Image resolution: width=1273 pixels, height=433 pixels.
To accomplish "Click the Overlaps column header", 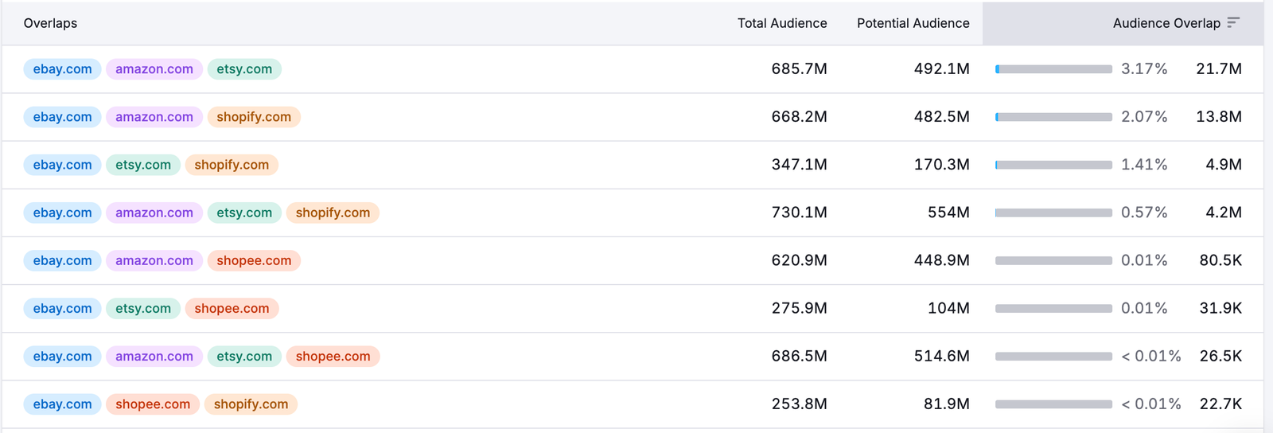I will pyautogui.click(x=50, y=23).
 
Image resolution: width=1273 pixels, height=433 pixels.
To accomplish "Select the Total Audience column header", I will pyautogui.click(x=781, y=23).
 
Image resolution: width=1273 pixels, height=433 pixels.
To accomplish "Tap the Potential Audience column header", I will pyautogui.click(x=913, y=23).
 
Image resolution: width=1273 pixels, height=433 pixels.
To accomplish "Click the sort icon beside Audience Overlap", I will pyautogui.click(x=1233, y=22).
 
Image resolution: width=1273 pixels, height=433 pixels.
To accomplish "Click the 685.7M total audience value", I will pyautogui.click(x=799, y=69).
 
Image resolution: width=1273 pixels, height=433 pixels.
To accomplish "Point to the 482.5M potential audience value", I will pyautogui.click(x=941, y=117).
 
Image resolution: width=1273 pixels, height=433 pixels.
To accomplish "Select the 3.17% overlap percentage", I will pyautogui.click(x=1144, y=69).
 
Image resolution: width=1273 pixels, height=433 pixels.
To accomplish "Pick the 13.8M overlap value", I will pyautogui.click(x=1218, y=117).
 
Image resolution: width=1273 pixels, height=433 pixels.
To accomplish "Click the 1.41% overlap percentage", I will pyautogui.click(x=1144, y=165).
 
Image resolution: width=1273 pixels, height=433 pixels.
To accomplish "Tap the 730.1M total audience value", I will pyautogui.click(x=799, y=213).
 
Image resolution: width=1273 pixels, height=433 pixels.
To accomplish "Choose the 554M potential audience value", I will pyautogui.click(x=948, y=213).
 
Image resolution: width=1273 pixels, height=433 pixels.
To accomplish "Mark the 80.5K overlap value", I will pyautogui.click(x=1220, y=260).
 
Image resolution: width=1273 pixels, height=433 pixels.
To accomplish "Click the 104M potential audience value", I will pyautogui.click(x=948, y=308).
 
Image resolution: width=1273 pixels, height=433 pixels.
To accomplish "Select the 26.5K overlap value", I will pyautogui.click(x=1220, y=356).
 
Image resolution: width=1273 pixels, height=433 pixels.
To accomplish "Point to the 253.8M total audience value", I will pyautogui.click(x=799, y=404).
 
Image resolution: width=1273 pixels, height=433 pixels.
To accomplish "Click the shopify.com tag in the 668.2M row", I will pyautogui.click(x=254, y=117).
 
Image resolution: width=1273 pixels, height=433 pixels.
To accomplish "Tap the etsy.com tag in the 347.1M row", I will pyautogui.click(x=143, y=165).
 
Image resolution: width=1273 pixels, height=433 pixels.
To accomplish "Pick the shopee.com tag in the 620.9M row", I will pyautogui.click(x=254, y=260).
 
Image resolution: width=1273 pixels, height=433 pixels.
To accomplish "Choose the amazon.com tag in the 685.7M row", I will pyautogui.click(x=154, y=69).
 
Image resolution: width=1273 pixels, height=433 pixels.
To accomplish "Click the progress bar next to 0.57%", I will pyautogui.click(x=1053, y=213).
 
